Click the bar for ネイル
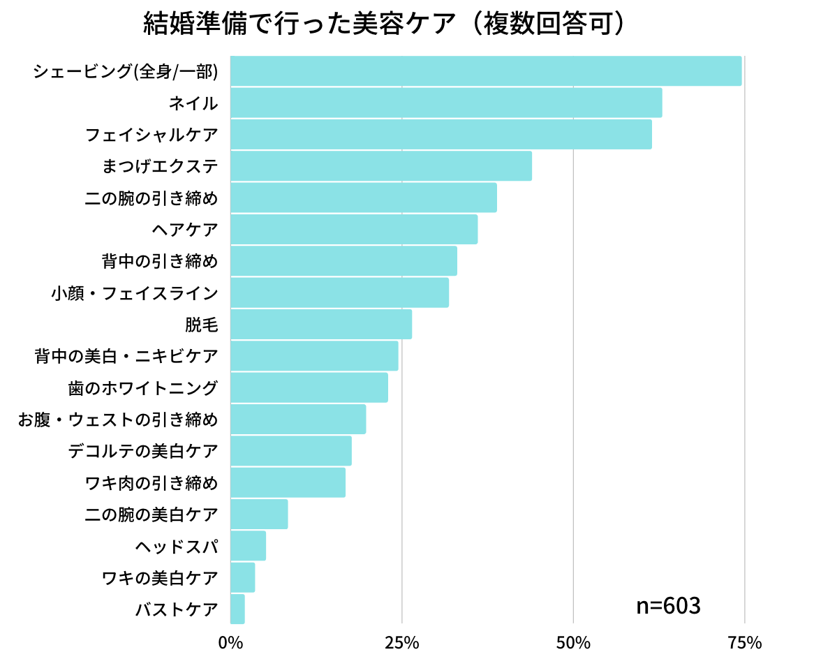tap(445, 103)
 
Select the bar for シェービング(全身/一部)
tap(485, 71)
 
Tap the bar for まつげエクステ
tap(380, 166)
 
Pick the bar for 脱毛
tap(320, 324)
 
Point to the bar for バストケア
tap(237, 609)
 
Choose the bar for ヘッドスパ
tap(248, 546)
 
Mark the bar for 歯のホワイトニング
tap(309, 387)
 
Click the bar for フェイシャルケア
tap(441, 134)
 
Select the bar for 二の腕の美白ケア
tap(258, 515)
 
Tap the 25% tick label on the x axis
tap(402, 643)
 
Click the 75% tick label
tap(745, 643)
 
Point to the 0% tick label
tap(230, 643)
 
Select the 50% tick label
tap(573, 643)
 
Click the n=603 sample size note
tap(668, 606)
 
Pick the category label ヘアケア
tap(184, 229)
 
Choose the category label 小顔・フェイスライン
tap(134, 293)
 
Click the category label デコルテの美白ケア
tap(143, 450)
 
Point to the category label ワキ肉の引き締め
tap(151, 482)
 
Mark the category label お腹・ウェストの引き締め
tap(117, 419)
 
